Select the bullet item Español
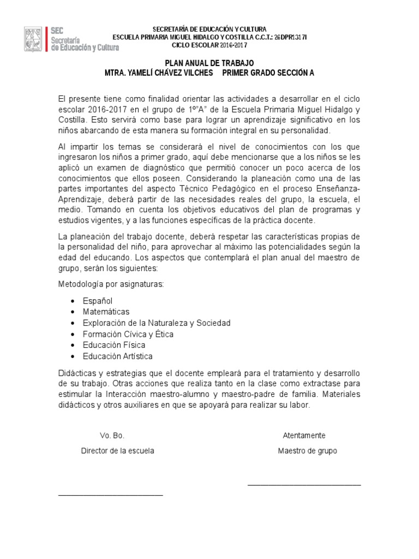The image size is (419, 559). [98, 301]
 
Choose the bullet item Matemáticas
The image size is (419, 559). [106, 312]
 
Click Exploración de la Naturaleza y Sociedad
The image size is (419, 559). [156, 323]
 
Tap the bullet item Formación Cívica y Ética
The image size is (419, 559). [128, 334]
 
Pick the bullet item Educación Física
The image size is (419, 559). [114, 345]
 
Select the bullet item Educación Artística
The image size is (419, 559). [117, 356]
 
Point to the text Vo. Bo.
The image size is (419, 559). [112, 436]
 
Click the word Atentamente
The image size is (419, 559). [304, 436]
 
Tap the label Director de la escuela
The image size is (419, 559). [117, 451]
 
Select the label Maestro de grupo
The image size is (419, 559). [307, 451]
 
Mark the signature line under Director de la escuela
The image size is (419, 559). [110, 495]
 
